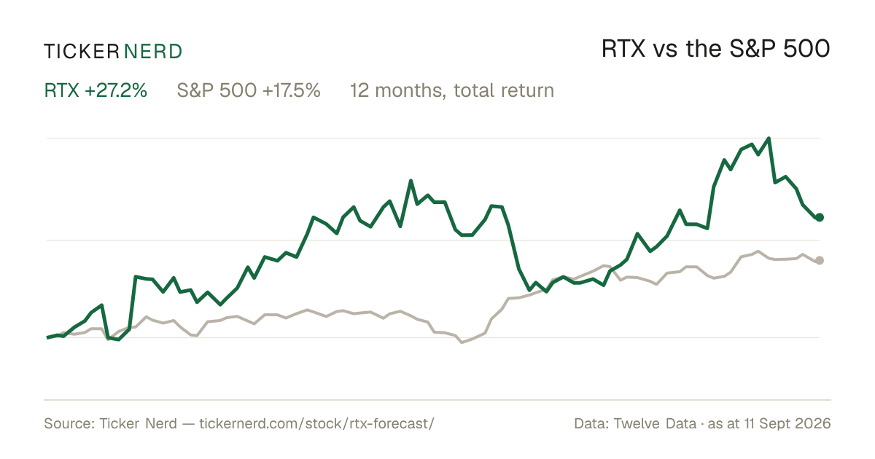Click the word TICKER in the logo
[81, 52]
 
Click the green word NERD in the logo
[153, 52]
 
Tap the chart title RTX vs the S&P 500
[715, 49]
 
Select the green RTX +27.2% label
[96, 90]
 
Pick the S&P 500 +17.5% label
[249, 90]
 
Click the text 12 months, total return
[452, 91]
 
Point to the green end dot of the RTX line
[820, 217]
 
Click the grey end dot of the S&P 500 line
[820, 260]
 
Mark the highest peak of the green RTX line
[769, 138]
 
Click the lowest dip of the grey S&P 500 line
[462, 342]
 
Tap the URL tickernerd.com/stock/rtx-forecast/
[316, 423]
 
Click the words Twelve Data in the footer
[655, 423]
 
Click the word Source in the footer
[68, 423]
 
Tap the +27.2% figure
[116, 90]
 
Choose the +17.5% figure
[292, 90]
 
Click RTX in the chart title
[623, 50]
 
